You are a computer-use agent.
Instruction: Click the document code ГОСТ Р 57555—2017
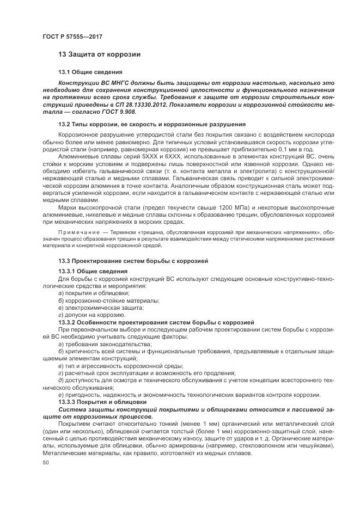(x=72, y=36)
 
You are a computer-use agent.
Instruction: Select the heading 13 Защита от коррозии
(x=99, y=54)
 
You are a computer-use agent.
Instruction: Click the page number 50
(x=46, y=463)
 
